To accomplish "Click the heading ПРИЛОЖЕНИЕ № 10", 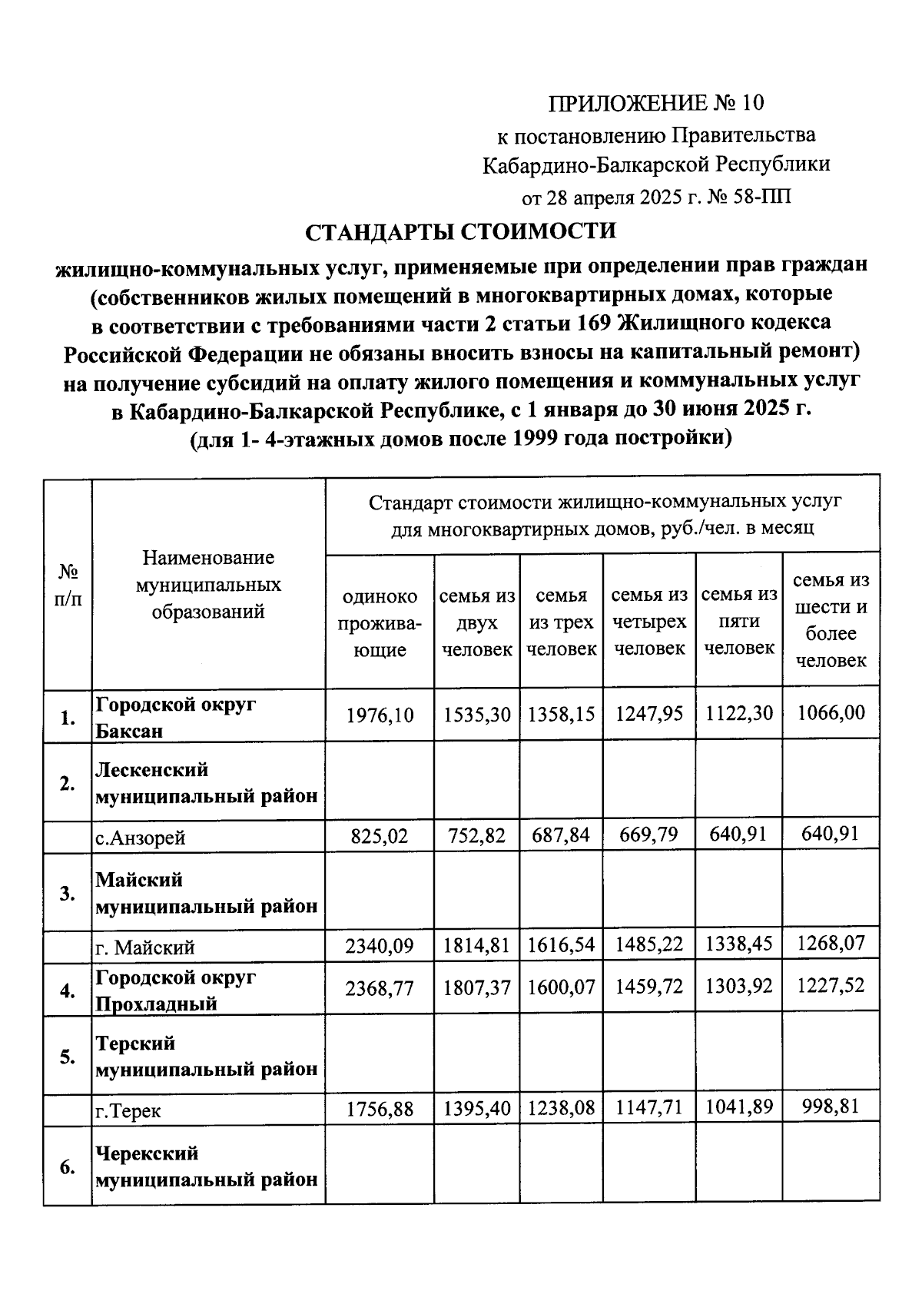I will pos(657,102).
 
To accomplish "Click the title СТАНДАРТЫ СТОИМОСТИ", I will pos(461,231).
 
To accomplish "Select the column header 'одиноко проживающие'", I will pos(380,623).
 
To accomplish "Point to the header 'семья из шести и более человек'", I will pos(831,620).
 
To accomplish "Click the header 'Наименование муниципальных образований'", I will pos(208,585).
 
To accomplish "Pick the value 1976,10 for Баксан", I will pos(380,715).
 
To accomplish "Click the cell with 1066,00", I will pos(831,713).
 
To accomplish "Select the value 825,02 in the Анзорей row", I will pos(380,835).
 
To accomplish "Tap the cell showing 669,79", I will pos(649,834).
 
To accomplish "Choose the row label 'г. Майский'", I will pos(145,947).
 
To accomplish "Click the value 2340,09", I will pos(380,945).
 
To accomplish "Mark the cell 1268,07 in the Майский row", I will pos(831,943).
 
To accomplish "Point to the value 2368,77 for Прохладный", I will pos(380,987).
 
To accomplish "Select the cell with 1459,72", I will pos(649,986).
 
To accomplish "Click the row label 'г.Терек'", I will pos(128,1111).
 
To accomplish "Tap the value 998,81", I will pos(831,1107).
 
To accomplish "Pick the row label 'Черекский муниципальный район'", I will pos(207,1166).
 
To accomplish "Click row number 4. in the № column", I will pos(68,990).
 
